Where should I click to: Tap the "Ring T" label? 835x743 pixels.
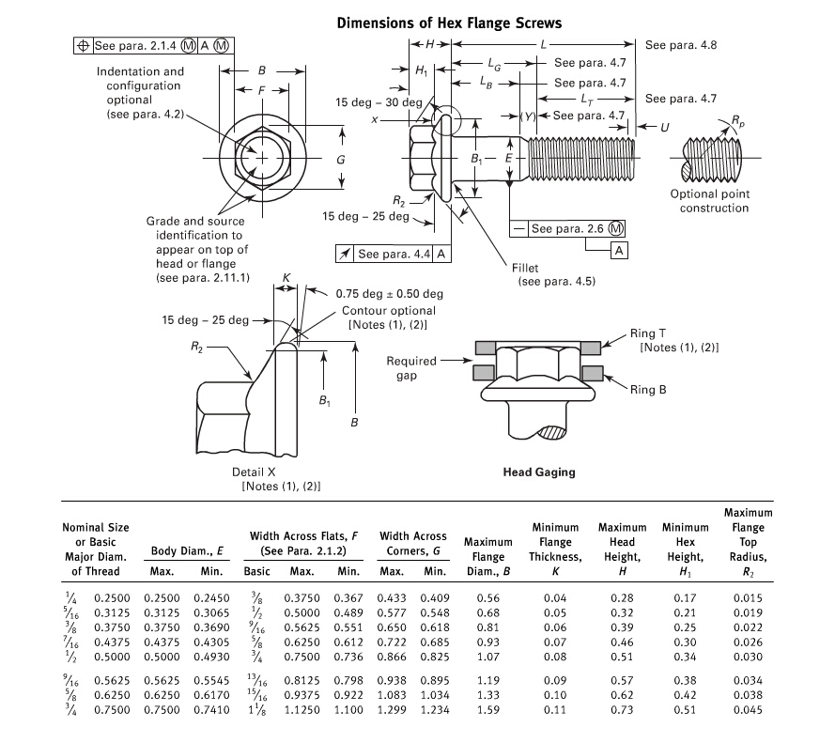[x=648, y=333]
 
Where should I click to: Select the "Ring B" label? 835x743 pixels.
[x=648, y=389]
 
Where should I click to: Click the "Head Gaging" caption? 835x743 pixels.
[x=539, y=472]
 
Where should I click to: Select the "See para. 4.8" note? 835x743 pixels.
[x=681, y=44]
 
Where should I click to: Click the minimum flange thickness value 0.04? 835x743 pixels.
[x=555, y=597]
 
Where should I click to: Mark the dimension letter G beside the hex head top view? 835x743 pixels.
[x=341, y=160]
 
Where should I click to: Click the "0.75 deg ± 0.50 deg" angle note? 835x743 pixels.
[x=389, y=293]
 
